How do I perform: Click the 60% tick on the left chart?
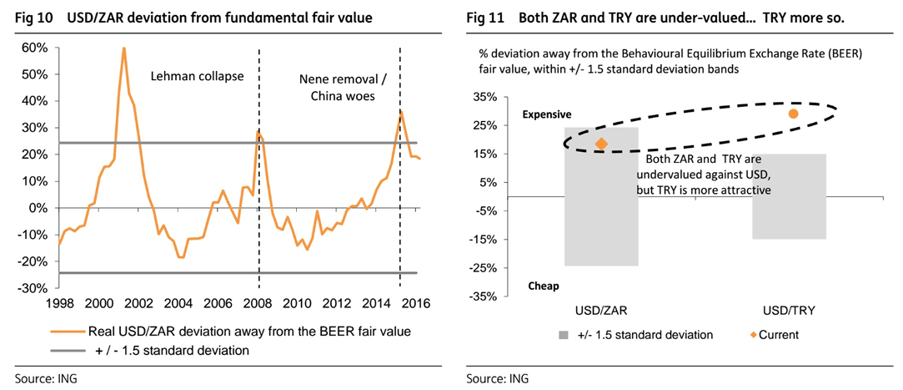click(34, 48)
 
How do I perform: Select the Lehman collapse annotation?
click(197, 76)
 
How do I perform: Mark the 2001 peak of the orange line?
click(124, 48)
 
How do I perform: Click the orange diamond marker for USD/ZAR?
click(600, 144)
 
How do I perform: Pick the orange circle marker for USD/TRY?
click(793, 114)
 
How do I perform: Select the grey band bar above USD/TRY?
click(789, 196)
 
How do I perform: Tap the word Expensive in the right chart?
click(547, 114)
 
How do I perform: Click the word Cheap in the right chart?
click(544, 286)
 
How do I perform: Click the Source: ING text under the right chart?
click(498, 378)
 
